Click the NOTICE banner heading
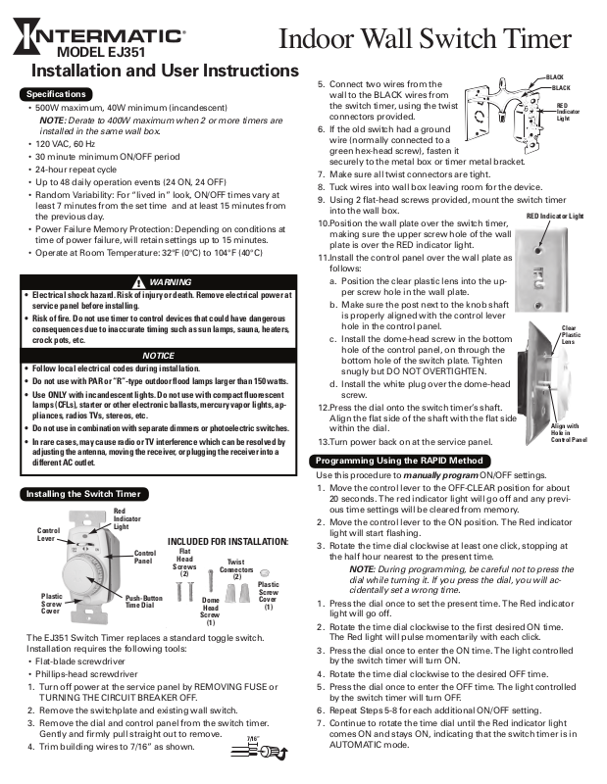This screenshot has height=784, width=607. click(x=159, y=356)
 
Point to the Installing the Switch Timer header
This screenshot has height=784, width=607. click(x=84, y=494)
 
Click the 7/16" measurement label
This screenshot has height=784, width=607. click(x=253, y=739)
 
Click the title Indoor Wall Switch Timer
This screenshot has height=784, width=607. click(x=425, y=40)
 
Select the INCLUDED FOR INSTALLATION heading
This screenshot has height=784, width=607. click(x=228, y=541)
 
